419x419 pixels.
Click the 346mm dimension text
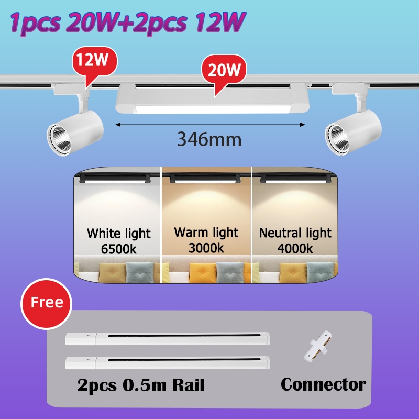pos(209,139)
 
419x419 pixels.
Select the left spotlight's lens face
pos(59,139)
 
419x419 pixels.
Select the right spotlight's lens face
pos(337,139)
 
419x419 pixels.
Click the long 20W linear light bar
pos(213,98)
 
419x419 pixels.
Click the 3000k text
pos(206,248)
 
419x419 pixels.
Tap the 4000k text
pos(295,248)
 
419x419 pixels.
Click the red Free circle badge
pos(47,304)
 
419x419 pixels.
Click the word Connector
pos(323,384)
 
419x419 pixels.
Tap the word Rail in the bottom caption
pos(189,385)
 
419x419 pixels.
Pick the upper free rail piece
pos(168,338)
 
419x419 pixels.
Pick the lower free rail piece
pos(168,362)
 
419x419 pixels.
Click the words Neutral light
pos(295,233)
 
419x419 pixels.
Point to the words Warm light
pos(206,232)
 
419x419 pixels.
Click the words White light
pos(119,233)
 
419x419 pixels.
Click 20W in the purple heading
pos(93,21)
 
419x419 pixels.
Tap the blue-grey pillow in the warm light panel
pos(230,272)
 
